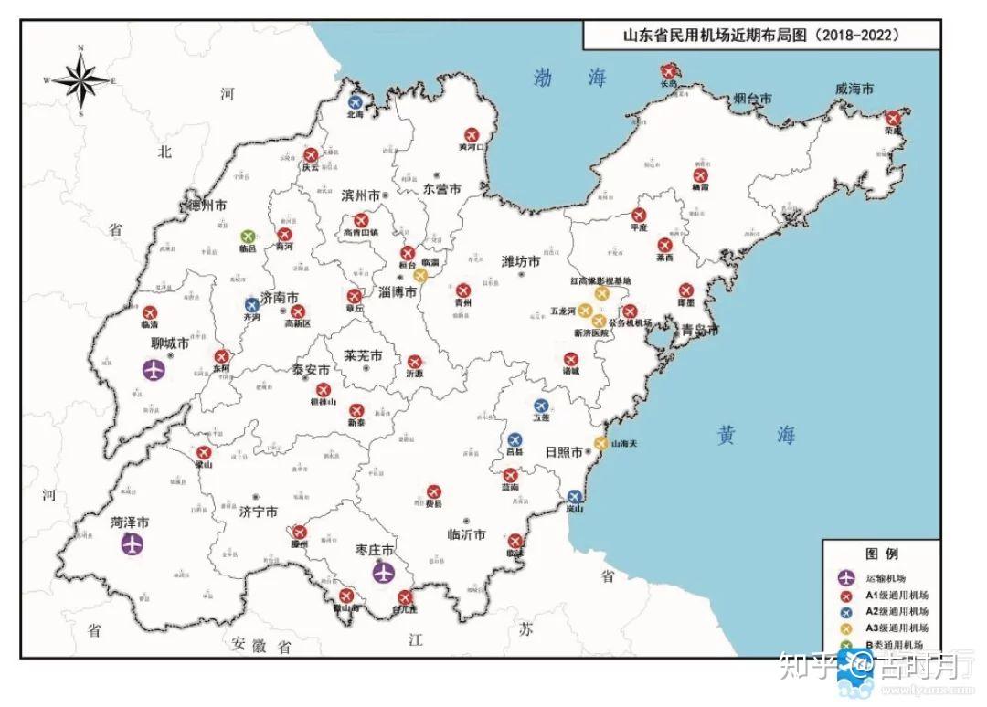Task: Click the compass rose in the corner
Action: tap(81, 80)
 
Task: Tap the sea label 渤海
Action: tap(570, 79)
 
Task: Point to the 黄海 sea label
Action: tap(755, 435)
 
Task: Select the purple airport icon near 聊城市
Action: tap(154, 370)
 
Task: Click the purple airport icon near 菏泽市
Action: tap(133, 545)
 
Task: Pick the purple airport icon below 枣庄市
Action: tap(384, 572)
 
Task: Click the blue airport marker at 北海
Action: tap(355, 102)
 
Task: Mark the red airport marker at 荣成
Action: tap(893, 118)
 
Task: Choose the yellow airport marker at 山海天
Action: tap(600, 443)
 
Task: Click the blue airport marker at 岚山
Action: tap(574, 498)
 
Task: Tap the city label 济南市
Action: tap(280, 299)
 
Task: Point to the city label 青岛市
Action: tap(700, 329)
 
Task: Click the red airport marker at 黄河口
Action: tap(471, 134)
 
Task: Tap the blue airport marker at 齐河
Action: tap(251, 305)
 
